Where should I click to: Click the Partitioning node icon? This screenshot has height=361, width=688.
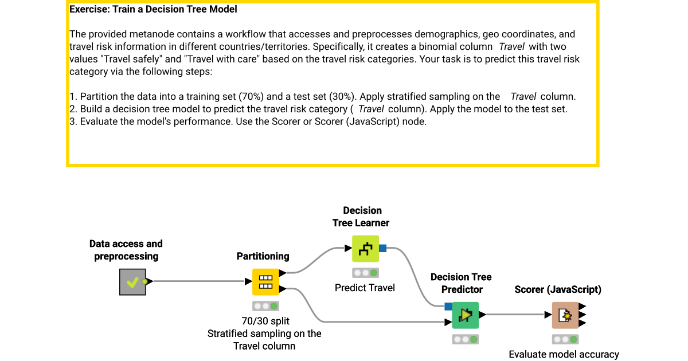(265, 281)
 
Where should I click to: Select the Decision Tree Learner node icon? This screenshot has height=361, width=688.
(365, 248)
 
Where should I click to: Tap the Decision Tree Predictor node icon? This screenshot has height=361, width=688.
(465, 315)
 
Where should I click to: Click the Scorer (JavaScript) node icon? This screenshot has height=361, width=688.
(565, 315)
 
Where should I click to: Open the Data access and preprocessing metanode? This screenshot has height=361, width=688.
(132, 281)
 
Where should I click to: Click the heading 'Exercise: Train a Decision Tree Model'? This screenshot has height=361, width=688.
(153, 9)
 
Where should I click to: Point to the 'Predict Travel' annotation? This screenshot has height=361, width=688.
(365, 288)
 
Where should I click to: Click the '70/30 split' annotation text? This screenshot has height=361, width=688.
(264, 321)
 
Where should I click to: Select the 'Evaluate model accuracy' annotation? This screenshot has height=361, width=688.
(564, 354)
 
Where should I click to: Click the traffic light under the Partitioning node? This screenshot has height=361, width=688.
(265, 306)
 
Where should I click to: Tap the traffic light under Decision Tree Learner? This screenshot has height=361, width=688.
(365, 273)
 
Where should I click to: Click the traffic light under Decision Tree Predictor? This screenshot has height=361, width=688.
(465, 339)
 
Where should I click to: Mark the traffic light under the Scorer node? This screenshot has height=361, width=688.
(565, 339)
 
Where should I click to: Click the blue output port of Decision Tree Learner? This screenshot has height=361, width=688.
(383, 248)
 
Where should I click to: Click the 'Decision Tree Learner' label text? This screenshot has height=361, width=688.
(361, 217)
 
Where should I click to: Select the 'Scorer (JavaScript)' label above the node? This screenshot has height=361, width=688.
(558, 289)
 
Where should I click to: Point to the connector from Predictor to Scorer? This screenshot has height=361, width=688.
(513, 315)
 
